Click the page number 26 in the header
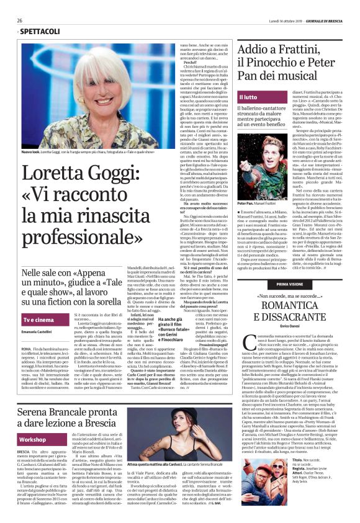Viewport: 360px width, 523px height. point(20,20)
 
